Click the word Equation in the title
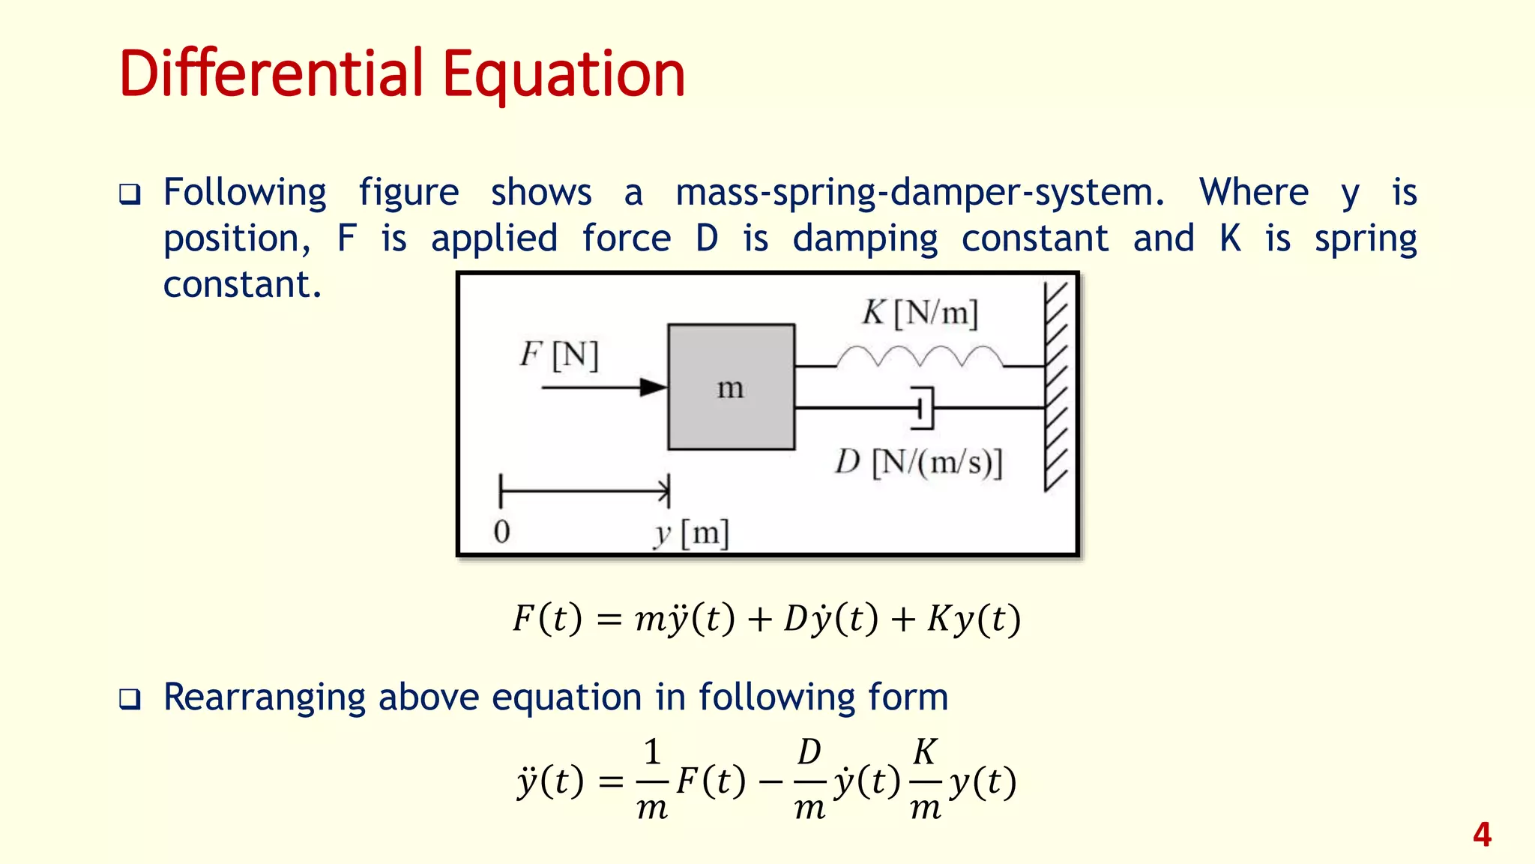(x=564, y=75)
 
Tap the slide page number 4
(x=1482, y=835)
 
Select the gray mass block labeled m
(x=731, y=387)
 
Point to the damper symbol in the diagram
(x=923, y=408)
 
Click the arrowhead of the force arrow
(x=653, y=388)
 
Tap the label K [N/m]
(x=920, y=313)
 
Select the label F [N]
(x=559, y=355)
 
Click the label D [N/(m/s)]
(x=919, y=462)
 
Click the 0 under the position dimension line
(x=502, y=532)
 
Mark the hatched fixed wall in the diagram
(x=1056, y=387)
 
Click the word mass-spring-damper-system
(x=920, y=193)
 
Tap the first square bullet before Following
(x=130, y=195)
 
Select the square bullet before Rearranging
(x=130, y=700)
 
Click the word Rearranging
(x=265, y=697)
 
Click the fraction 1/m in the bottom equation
(x=652, y=780)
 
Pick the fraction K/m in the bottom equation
(x=926, y=780)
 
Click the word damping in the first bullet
(x=865, y=240)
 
